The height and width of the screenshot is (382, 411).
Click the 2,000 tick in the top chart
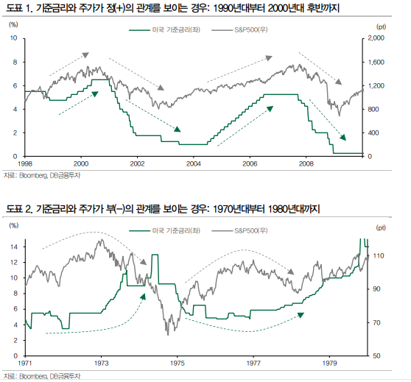point(376,38)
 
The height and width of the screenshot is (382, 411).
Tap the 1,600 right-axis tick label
point(376,62)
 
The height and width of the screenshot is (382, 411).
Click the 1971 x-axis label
point(25,364)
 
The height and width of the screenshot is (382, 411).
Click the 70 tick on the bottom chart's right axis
point(376,323)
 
